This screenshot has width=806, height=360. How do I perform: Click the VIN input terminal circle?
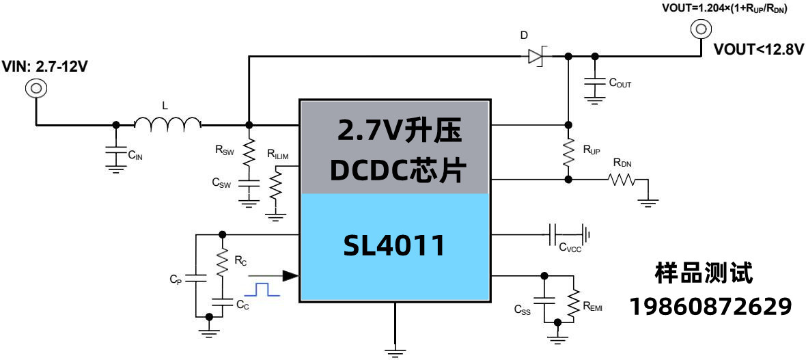[x=36, y=88]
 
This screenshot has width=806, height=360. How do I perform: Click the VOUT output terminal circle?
[x=701, y=29]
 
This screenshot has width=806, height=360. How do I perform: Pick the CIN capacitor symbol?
[x=116, y=154]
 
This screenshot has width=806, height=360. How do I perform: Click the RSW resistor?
[x=249, y=150]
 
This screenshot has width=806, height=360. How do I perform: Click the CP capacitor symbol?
[x=196, y=278]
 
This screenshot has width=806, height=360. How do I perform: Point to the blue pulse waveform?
[x=263, y=289]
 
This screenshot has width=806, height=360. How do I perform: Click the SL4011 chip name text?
[x=394, y=246]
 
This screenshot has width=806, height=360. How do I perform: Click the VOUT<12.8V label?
[x=758, y=50]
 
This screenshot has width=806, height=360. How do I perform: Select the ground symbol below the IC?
[x=394, y=350]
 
